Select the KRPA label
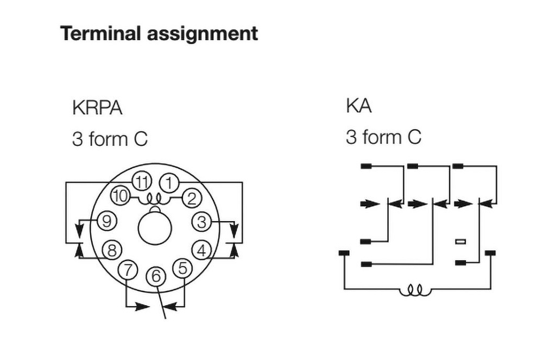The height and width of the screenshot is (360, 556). [x=97, y=108]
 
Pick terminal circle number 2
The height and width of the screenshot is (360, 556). [x=191, y=198]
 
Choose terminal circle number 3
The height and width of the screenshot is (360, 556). [x=202, y=222]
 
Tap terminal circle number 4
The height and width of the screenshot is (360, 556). [x=202, y=251]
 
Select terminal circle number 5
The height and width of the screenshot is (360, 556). [x=182, y=268]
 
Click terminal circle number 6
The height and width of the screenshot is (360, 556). [x=156, y=276]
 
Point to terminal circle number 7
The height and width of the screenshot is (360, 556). [x=128, y=269]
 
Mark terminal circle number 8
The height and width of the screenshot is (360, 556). [x=112, y=250]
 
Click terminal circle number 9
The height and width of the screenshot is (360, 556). [x=107, y=221]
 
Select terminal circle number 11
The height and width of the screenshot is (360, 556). [x=142, y=182]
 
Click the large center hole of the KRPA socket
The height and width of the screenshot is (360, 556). [x=155, y=229]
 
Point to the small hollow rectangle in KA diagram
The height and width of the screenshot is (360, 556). [x=460, y=241]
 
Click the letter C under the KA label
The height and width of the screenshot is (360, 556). [x=414, y=137]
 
